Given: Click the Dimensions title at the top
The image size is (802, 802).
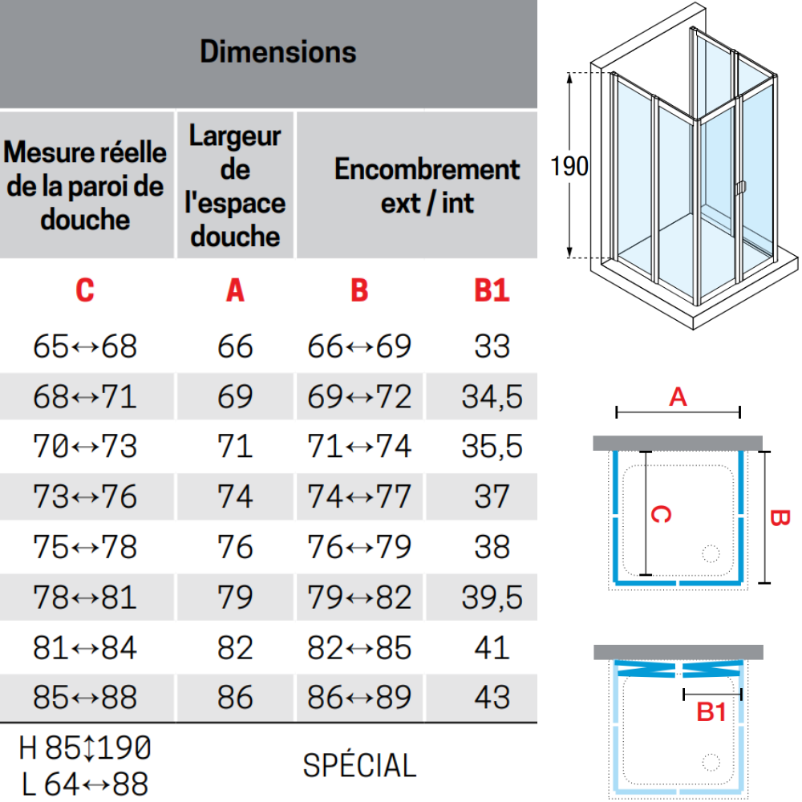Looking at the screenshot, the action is [277, 51].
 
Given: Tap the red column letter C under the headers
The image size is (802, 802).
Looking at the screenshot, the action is [85, 290].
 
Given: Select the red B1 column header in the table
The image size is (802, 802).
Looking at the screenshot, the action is [492, 290].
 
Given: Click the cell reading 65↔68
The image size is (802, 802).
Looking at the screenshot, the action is [85, 346].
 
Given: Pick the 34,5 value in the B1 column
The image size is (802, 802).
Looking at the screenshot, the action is [492, 396].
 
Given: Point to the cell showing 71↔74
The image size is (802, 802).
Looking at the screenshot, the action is [359, 446].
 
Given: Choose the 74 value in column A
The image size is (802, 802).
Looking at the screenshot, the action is [235, 496].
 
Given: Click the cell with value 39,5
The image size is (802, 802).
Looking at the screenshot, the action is [492, 597].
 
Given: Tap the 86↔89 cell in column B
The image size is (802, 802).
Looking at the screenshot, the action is [359, 697].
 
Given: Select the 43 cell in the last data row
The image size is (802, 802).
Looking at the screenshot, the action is [492, 697].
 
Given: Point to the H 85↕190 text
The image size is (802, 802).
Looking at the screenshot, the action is [85, 747].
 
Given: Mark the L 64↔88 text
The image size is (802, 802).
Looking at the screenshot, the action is [85, 784].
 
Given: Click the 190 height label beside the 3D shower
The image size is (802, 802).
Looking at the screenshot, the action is [569, 166].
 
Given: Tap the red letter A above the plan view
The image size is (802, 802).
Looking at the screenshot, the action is [678, 397].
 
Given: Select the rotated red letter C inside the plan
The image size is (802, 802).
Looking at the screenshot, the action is [661, 514].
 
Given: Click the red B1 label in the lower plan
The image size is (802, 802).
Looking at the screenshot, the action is [711, 711].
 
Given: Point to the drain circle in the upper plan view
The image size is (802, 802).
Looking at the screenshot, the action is [711, 553].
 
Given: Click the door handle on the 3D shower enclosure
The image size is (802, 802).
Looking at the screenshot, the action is [740, 188].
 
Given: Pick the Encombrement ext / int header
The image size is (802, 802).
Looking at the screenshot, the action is [427, 186].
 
